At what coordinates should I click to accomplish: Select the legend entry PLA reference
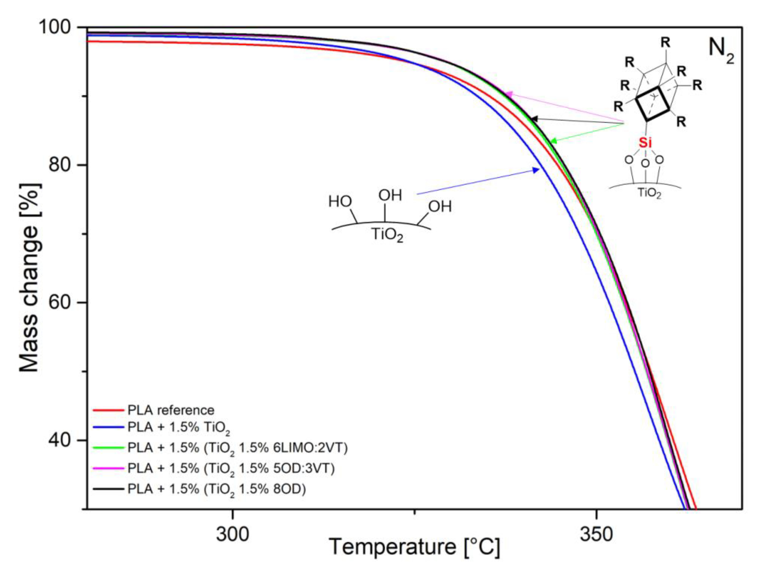tap(171, 410)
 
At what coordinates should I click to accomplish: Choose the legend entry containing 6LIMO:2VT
tap(237, 448)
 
